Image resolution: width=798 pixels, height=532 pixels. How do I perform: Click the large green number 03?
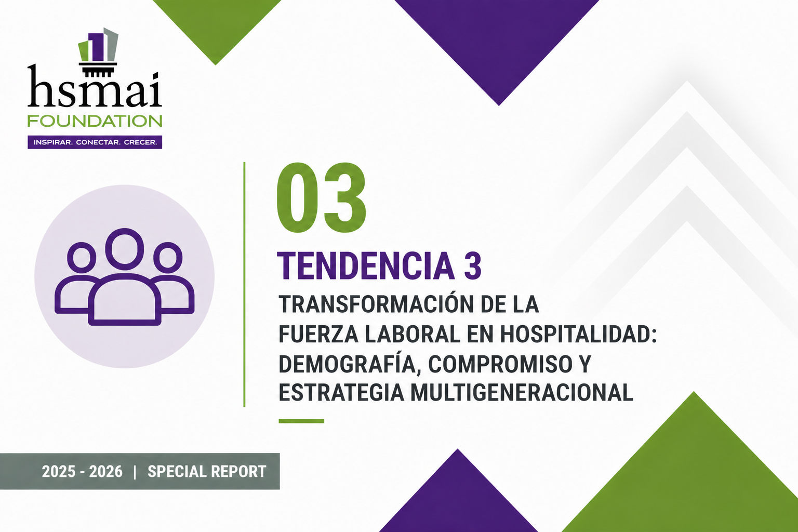[x=321, y=198]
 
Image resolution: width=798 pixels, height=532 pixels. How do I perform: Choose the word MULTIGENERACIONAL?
[x=522, y=393]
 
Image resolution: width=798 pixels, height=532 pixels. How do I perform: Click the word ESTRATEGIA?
[x=341, y=393]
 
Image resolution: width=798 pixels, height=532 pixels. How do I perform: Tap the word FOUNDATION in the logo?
[x=95, y=121]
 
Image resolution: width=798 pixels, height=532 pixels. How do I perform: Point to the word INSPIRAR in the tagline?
[x=52, y=142]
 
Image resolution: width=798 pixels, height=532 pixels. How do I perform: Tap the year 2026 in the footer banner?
[x=105, y=472]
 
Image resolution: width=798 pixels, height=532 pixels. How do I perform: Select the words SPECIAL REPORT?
[x=207, y=472]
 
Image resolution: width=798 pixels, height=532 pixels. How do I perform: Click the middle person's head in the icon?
[x=125, y=249]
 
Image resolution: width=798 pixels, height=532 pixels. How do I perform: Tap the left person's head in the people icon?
[x=82, y=257]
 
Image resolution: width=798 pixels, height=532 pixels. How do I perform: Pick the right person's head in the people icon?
[x=167, y=257]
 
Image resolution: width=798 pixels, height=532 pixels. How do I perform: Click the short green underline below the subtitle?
[x=301, y=421]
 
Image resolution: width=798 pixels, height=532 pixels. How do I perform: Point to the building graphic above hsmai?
[x=98, y=49]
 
